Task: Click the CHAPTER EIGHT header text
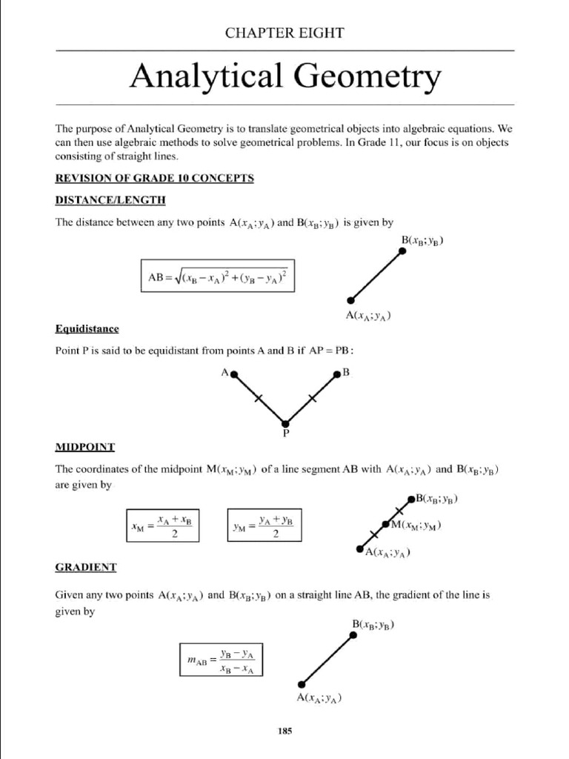coord(284,33)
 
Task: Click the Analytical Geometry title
coord(284,76)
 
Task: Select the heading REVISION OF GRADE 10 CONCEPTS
coord(155,178)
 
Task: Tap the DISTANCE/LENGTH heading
coord(110,200)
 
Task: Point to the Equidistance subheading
coord(87,328)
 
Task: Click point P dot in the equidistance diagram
coord(285,422)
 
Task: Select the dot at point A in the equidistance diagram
coord(234,375)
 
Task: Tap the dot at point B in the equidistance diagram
coord(336,375)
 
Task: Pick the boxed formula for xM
coord(162,527)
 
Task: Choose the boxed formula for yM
coord(264,527)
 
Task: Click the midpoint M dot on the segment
coord(385,525)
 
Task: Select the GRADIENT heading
coord(86,567)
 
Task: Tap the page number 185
coord(285,731)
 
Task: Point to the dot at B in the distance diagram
coord(402,252)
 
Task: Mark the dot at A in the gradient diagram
coord(301,683)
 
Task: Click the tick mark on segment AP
coord(259,399)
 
